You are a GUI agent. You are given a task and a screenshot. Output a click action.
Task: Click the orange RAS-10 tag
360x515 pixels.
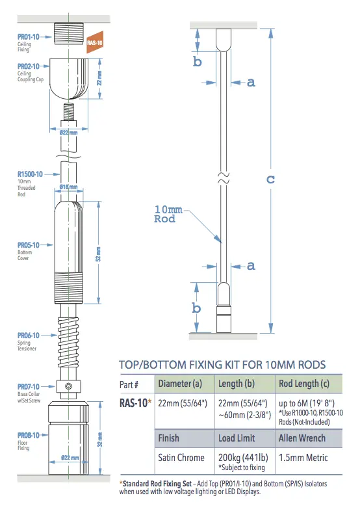(94, 42)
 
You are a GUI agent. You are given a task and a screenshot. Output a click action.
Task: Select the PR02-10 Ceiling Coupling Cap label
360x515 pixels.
(29, 66)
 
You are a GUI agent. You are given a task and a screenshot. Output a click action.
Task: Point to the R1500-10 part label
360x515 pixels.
(30, 174)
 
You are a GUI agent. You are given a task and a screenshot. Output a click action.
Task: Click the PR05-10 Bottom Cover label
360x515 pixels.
(29, 245)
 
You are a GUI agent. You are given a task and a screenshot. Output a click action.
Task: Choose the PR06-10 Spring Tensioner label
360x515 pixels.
(29, 336)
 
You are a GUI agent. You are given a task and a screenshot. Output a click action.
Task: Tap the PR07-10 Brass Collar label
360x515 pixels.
(29, 386)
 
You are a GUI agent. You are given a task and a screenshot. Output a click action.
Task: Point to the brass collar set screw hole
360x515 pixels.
(68, 388)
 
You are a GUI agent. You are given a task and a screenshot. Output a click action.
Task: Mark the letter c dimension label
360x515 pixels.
(270, 179)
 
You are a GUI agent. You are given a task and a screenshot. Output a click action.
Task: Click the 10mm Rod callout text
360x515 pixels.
(168, 214)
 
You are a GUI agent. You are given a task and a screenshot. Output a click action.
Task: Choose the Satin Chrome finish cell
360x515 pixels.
(181, 457)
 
